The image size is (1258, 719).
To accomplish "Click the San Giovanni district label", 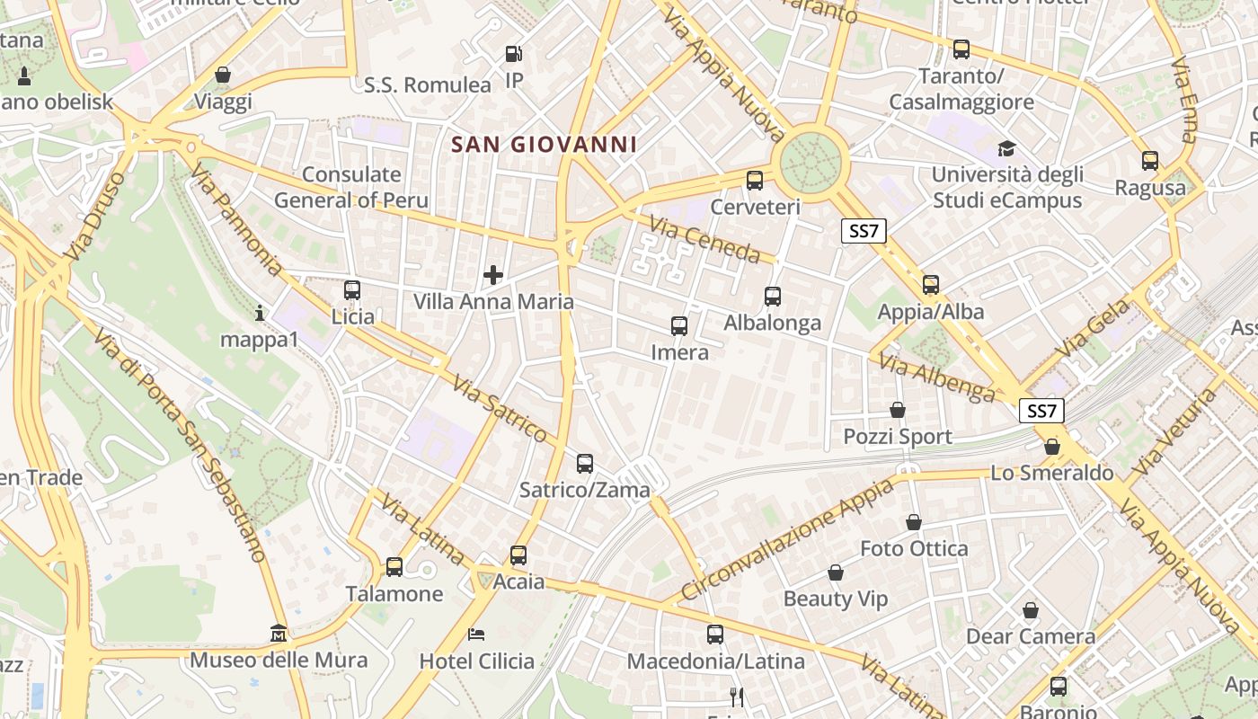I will click(544, 144).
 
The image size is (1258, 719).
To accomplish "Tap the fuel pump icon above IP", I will click(513, 54).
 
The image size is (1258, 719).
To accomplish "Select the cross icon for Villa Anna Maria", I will click(493, 275).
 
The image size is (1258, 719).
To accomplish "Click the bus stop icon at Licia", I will click(352, 290).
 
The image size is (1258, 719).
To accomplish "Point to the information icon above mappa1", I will click(260, 313).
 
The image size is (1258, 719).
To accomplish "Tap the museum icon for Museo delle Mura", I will click(279, 634).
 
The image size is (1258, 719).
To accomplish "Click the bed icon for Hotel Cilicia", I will click(476, 635).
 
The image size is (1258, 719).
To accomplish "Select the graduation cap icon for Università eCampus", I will click(1006, 148).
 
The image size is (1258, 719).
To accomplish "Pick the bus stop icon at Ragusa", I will click(1150, 161).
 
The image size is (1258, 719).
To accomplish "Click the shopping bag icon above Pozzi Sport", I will click(897, 411).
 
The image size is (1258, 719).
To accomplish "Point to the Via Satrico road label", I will click(500, 409).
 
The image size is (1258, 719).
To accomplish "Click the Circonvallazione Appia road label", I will click(787, 539).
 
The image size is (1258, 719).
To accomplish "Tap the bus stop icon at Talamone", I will click(394, 567).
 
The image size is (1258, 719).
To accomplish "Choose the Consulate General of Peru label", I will click(351, 187).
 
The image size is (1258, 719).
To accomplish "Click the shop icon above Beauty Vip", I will click(836, 573).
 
